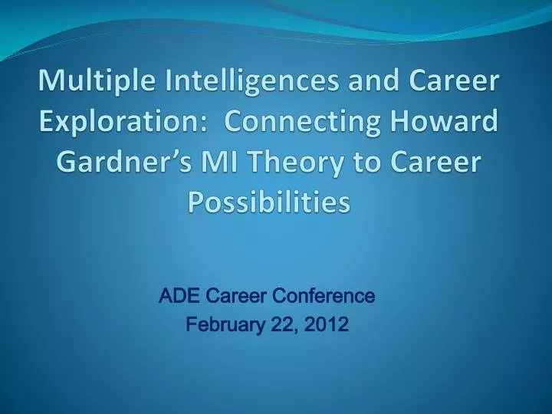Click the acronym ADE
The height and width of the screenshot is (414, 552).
point(175,295)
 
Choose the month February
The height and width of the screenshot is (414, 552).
point(225,325)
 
